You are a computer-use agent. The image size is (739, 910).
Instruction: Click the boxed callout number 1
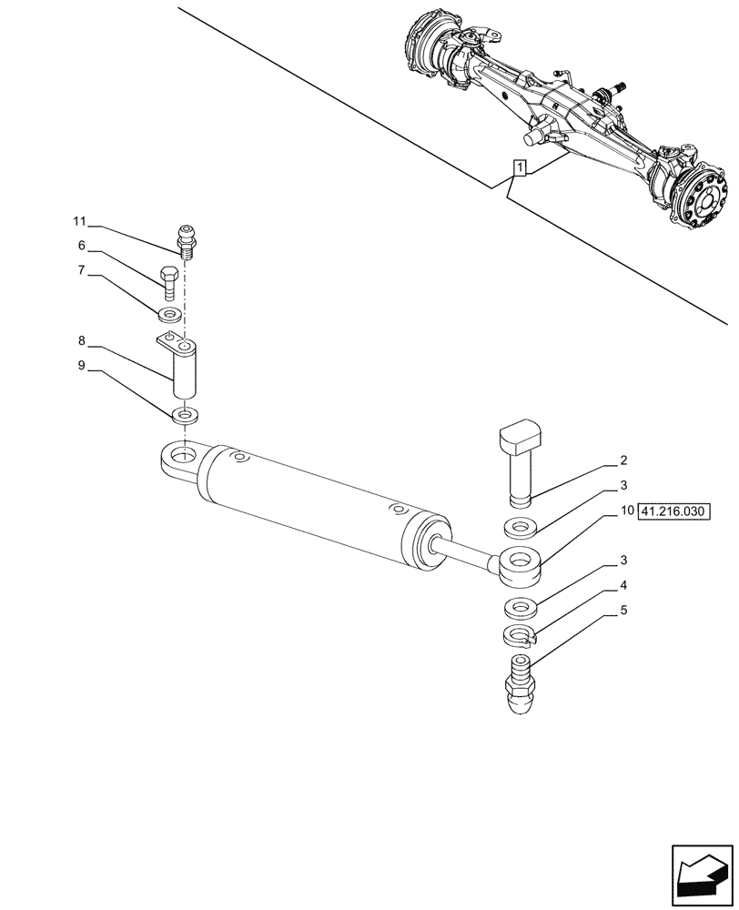pyautogui.click(x=519, y=167)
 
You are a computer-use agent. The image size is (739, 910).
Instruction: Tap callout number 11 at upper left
pyautogui.click(x=79, y=221)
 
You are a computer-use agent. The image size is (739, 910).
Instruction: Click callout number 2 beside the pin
pyautogui.click(x=624, y=460)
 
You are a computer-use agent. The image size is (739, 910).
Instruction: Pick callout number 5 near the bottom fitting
pyautogui.click(x=624, y=612)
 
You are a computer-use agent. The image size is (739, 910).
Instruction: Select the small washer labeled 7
pyautogui.click(x=169, y=315)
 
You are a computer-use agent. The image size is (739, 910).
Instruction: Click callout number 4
pyautogui.click(x=624, y=586)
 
